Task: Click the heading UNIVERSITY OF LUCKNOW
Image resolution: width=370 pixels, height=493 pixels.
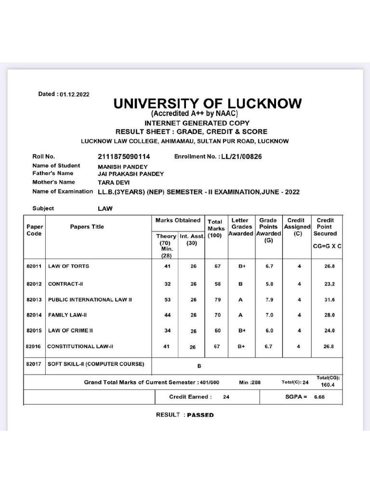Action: [x=208, y=104]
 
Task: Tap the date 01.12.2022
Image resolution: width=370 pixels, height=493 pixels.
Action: [x=75, y=95]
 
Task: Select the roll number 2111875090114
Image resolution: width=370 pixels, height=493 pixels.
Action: [x=124, y=156]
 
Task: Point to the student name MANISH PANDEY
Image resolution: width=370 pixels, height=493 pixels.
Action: [x=120, y=166]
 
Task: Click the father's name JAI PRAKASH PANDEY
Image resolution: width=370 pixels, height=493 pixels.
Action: [x=131, y=174]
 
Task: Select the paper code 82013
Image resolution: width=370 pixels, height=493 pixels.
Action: [x=34, y=299]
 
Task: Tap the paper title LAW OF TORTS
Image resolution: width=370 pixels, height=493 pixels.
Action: [x=68, y=266]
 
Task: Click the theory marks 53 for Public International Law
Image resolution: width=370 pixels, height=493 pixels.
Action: [x=167, y=299]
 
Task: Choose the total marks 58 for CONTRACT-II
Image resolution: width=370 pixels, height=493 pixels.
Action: [x=218, y=284]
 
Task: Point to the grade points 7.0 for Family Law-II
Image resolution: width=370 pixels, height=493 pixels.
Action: [x=269, y=315]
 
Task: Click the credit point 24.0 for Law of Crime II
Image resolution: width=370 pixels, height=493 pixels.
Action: [x=330, y=331]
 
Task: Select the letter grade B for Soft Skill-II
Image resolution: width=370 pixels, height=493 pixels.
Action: [x=199, y=366]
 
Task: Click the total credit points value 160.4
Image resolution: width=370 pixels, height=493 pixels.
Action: [x=328, y=385]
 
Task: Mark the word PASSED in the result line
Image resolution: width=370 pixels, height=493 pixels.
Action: [x=200, y=415]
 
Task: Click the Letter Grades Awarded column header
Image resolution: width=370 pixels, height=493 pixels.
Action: [x=240, y=227]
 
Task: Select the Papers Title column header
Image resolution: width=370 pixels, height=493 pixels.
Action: [x=87, y=227]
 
